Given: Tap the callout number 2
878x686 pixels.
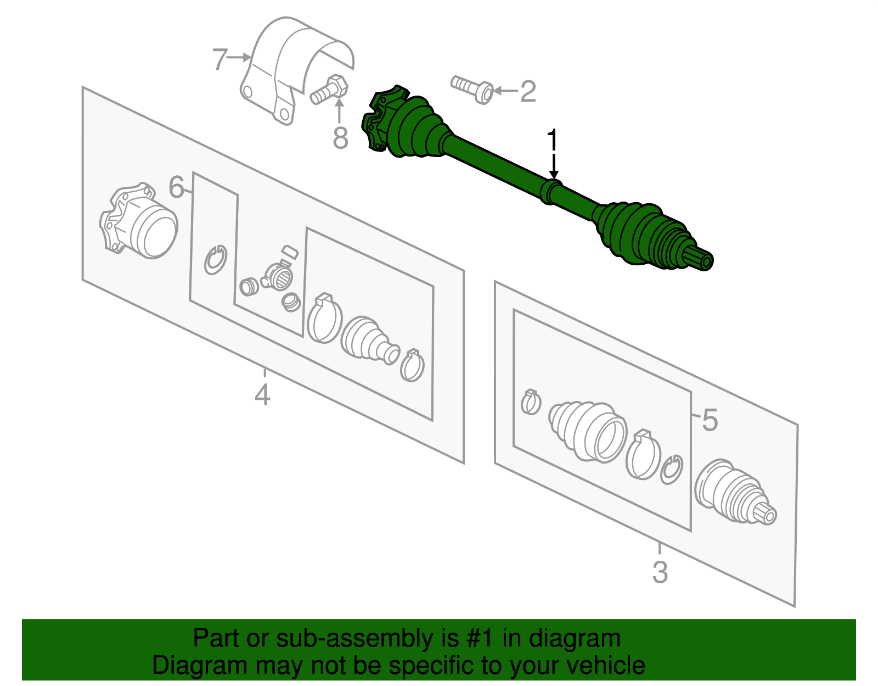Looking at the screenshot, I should (x=527, y=91).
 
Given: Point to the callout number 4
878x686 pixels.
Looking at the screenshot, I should (x=262, y=394).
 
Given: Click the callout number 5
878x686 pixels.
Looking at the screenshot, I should (x=710, y=420).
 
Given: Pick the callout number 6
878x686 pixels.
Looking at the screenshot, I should (x=176, y=187).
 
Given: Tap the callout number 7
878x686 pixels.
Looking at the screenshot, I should (x=219, y=59).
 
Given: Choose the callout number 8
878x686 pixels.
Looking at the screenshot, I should (x=340, y=138).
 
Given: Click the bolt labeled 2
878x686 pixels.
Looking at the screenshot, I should (x=472, y=88).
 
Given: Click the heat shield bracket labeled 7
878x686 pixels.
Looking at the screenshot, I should (x=291, y=66).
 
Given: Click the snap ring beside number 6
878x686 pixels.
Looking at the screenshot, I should (x=216, y=259).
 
